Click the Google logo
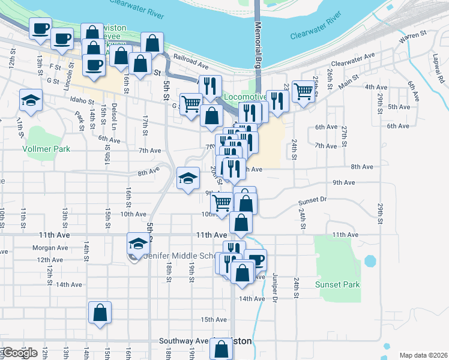point(19,353)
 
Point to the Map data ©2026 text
point(423,355)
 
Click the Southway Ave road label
point(183,341)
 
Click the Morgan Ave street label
point(50,248)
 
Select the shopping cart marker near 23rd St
point(303,92)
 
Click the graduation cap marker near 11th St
point(31,100)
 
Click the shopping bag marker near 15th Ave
point(100,312)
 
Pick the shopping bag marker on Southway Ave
point(221,347)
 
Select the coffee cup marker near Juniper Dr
point(256,260)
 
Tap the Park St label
point(78,119)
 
